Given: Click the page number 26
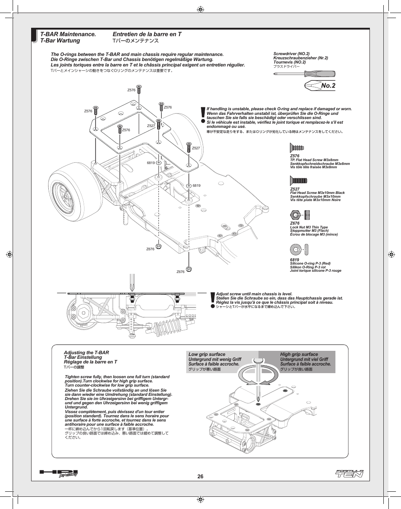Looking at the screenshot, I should click(200, 477).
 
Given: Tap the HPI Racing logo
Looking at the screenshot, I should click(59, 474).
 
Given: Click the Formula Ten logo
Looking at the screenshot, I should click(349, 474).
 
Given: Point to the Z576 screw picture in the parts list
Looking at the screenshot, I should click(297, 148).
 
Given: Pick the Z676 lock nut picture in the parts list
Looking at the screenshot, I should click(300, 215).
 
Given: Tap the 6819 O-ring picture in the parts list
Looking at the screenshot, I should click(300, 250).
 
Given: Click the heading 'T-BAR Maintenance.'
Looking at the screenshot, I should click(69, 34).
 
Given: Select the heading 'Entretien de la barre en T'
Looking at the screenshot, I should click(147, 34).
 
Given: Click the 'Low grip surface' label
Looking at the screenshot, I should click(207, 354).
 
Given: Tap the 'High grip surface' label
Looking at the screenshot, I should click(299, 354).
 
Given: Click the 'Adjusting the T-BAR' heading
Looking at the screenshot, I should click(86, 353).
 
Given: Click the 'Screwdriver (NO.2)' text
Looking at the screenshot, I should click(291, 54).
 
